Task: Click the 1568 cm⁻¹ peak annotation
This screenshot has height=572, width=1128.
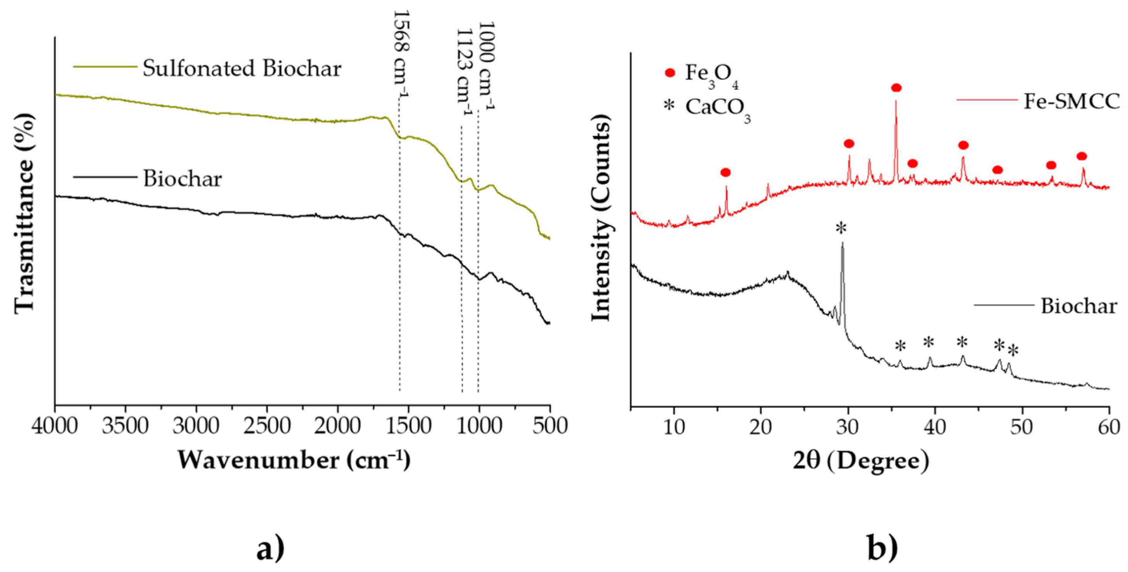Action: tap(401, 55)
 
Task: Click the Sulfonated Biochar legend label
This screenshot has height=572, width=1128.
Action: tap(242, 69)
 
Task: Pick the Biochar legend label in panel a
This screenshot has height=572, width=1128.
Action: tap(183, 179)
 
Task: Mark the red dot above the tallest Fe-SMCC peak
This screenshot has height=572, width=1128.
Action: tap(896, 88)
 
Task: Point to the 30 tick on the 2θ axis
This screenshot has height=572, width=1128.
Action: tap(848, 427)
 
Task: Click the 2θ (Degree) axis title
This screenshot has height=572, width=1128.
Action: tap(861, 461)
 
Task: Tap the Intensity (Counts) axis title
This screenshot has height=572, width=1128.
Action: tap(601, 221)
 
